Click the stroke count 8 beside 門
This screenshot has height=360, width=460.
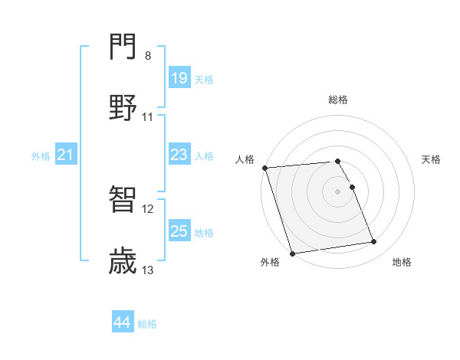(148, 56)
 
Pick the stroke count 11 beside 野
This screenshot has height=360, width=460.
(148, 117)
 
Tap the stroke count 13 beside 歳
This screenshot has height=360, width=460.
(148, 270)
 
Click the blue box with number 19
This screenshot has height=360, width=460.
(179, 78)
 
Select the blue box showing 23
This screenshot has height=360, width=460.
(179, 155)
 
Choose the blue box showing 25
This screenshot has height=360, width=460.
(179, 231)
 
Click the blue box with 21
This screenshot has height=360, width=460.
(66, 155)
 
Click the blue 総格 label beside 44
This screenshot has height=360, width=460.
(147, 324)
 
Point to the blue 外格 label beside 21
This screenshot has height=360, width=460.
(41, 156)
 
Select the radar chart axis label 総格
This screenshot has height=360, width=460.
(338, 100)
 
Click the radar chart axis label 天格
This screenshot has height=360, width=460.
(432, 159)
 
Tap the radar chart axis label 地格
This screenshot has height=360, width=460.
(402, 262)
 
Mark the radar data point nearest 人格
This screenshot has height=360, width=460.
(265, 168)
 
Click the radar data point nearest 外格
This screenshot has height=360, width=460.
(292, 253)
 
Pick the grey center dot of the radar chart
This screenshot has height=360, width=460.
(338, 191)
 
